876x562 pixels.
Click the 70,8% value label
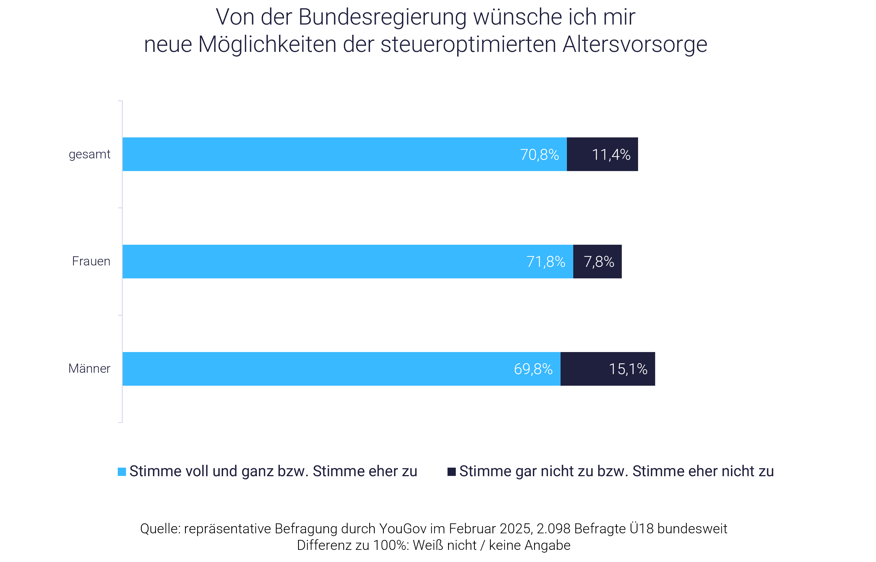[539, 155]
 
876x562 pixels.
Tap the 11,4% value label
[611, 155]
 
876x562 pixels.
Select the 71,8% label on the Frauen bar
[546, 262]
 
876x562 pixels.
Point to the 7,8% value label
[599, 262]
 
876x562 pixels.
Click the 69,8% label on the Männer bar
[533, 369]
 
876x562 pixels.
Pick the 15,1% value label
[628, 369]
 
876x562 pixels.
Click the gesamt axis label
[89, 155]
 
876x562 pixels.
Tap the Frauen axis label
[91, 261]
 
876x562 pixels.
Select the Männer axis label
[89, 369]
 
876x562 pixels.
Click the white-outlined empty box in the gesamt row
[694, 155]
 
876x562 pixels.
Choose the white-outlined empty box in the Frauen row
[686, 262]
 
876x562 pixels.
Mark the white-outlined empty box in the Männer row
[703, 369]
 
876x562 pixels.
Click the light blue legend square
[122, 472]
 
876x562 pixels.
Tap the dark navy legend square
[451, 472]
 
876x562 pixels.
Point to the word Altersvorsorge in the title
[634, 44]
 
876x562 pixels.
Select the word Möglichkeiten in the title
[267, 44]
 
